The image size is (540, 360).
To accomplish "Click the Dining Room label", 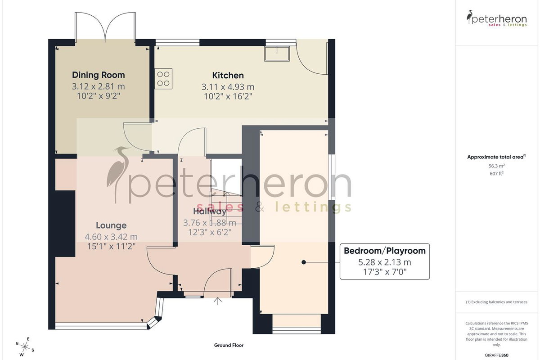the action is coord(99,75).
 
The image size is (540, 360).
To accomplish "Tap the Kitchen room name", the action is coord(228,76).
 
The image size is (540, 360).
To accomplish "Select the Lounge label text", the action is coord(111,225).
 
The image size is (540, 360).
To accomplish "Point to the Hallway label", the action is coord(210,211).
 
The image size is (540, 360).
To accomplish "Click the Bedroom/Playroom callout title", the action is coord(384,251).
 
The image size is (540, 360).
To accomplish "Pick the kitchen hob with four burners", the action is coord(163,79).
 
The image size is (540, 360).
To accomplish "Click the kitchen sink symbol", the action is coord(277,54).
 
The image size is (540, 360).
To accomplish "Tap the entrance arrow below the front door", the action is coord(218,301).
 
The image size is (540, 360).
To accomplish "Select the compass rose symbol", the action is coord(25,347).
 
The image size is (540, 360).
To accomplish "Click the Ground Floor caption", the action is coord(229,345).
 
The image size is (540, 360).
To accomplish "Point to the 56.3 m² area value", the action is coord(497,166).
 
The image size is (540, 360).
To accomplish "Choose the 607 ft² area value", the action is coord(497,173).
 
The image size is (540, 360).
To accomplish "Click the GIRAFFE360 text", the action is coord(497,355).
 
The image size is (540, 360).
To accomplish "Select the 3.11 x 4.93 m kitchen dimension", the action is coord(228,87).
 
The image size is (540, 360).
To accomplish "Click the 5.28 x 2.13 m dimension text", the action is coord(384,262).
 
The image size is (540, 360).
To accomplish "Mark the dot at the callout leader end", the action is coord(304,262).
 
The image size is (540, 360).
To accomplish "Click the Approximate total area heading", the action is coord(497,157).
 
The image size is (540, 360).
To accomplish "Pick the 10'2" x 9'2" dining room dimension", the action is coord(99,96).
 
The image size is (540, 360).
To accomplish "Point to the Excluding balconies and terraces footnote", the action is coord(497,302).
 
